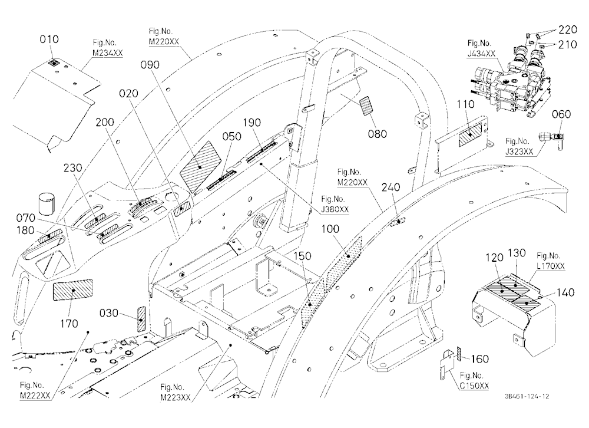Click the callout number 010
click(49, 39)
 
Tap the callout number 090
click(150, 65)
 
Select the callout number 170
click(69, 324)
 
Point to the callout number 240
click(391, 187)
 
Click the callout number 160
click(479, 359)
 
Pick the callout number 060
click(561, 114)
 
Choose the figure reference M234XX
click(107, 52)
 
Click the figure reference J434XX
click(481, 54)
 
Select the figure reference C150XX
click(474, 386)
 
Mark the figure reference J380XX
click(335, 209)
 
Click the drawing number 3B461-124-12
click(527, 396)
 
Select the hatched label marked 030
click(141, 318)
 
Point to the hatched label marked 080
click(366, 106)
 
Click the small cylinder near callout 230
click(47, 203)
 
